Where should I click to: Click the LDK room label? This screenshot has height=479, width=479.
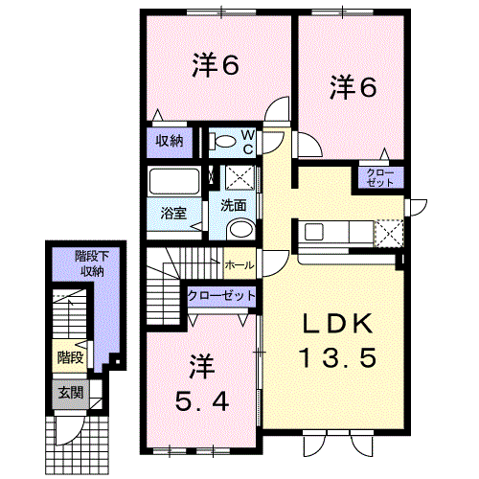pyautogui.click(x=338, y=324)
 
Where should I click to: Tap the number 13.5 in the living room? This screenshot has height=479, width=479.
pyautogui.click(x=337, y=357)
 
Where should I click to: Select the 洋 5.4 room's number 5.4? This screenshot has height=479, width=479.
pyautogui.click(x=202, y=401)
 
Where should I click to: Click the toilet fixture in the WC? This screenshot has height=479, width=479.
pyautogui.click(x=222, y=141)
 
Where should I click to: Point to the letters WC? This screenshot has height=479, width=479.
pyautogui.click(x=248, y=143)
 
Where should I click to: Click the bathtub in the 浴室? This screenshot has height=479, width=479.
pyautogui.click(x=174, y=181)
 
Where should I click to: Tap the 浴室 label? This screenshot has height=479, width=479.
pyautogui.click(x=173, y=213)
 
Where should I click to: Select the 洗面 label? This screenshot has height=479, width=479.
pyautogui.click(x=234, y=205)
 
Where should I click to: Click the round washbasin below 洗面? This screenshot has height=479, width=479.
pyautogui.click(x=241, y=229)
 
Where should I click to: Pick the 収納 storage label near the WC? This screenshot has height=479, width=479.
pyautogui.click(x=170, y=141)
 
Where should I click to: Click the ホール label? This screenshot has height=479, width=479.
pyautogui.click(x=239, y=265)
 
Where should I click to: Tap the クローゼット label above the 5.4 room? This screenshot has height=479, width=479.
pyautogui.click(x=221, y=295)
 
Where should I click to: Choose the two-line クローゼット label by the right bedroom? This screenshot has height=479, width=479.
pyautogui.click(x=380, y=177)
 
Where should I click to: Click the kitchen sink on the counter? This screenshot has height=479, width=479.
pyautogui.click(x=313, y=232)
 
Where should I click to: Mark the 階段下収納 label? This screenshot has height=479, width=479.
pyautogui.click(x=92, y=263)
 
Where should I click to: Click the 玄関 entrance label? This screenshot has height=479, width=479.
pyautogui.click(x=71, y=393)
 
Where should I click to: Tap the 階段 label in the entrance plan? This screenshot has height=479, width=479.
pyautogui.click(x=70, y=357)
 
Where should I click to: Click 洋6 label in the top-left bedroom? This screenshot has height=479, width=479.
pyautogui.click(x=216, y=64)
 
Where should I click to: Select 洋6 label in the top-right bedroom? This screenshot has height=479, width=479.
pyautogui.click(x=354, y=86)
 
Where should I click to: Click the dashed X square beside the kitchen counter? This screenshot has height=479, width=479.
pyautogui.click(x=388, y=234)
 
